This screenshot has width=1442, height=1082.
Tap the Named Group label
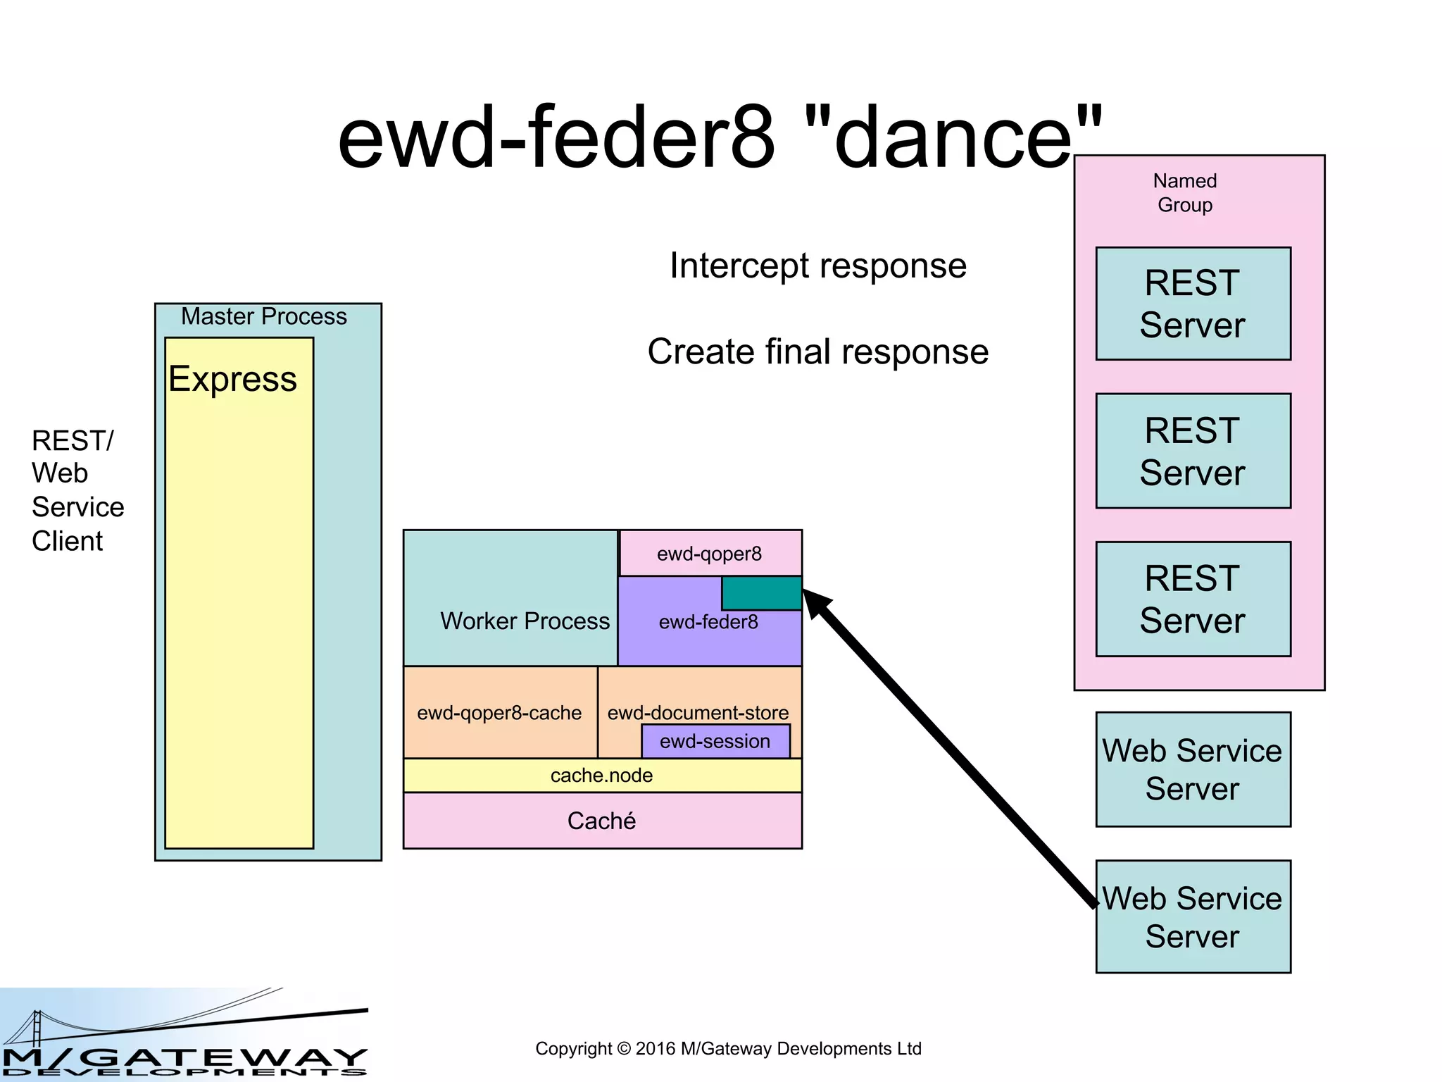click(x=1184, y=193)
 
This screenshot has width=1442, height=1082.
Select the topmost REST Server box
click(x=1193, y=304)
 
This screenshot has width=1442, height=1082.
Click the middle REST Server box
click(x=1193, y=451)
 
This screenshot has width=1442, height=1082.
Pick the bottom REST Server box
click(x=1193, y=599)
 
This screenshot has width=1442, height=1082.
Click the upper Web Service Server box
click(x=1193, y=769)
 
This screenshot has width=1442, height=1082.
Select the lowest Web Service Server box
click(x=1193, y=916)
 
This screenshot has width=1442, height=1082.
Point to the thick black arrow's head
click(x=817, y=602)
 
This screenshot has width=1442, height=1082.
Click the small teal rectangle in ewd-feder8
click(x=761, y=593)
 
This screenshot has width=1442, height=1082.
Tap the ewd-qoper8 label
click(x=709, y=554)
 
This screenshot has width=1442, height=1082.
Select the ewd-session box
click(x=715, y=741)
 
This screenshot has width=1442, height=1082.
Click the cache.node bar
click(x=602, y=776)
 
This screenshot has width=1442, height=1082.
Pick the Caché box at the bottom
click(x=602, y=821)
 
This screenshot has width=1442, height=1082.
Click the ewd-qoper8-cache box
click(x=499, y=713)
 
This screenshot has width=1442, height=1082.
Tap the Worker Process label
click(x=525, y=621)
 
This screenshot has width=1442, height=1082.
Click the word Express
click(x=232, y=379)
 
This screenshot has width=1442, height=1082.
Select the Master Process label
click(x=264, y=316)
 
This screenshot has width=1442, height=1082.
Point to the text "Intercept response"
click(x=817, y=266)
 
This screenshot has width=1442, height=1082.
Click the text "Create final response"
click(x=817, y=352)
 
